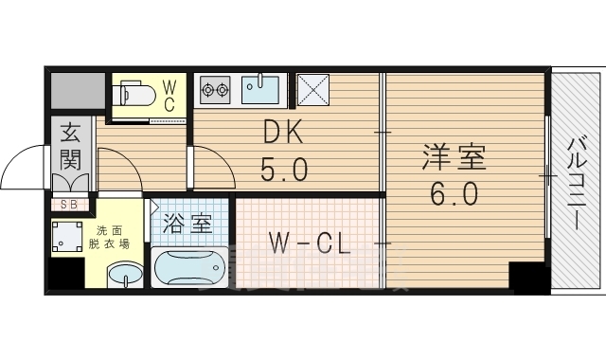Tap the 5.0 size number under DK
coord(283,171)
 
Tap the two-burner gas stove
coord(215,91)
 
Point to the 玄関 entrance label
coord(71,146)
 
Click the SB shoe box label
coord(70,204)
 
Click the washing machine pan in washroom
coord(67,239)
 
